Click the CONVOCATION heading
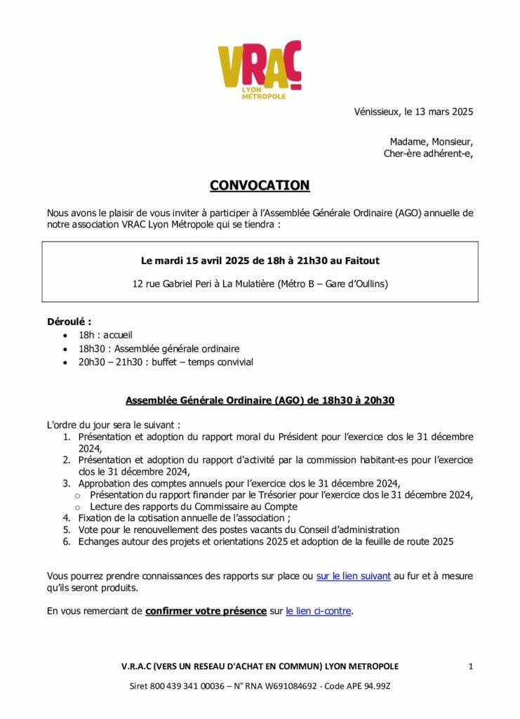260,185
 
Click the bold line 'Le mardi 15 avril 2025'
260,260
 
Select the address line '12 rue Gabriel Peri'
260,284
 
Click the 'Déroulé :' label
69,322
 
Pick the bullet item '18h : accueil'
105,335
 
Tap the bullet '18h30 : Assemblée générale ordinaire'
159,348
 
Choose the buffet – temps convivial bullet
166,362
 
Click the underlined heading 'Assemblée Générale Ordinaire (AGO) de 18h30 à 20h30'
260,400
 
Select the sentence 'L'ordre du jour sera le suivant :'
113,425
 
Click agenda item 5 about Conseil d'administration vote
239,529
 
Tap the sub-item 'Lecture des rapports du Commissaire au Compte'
194,506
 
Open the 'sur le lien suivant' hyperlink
354,576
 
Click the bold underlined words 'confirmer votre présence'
206,611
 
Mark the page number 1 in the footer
470,666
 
